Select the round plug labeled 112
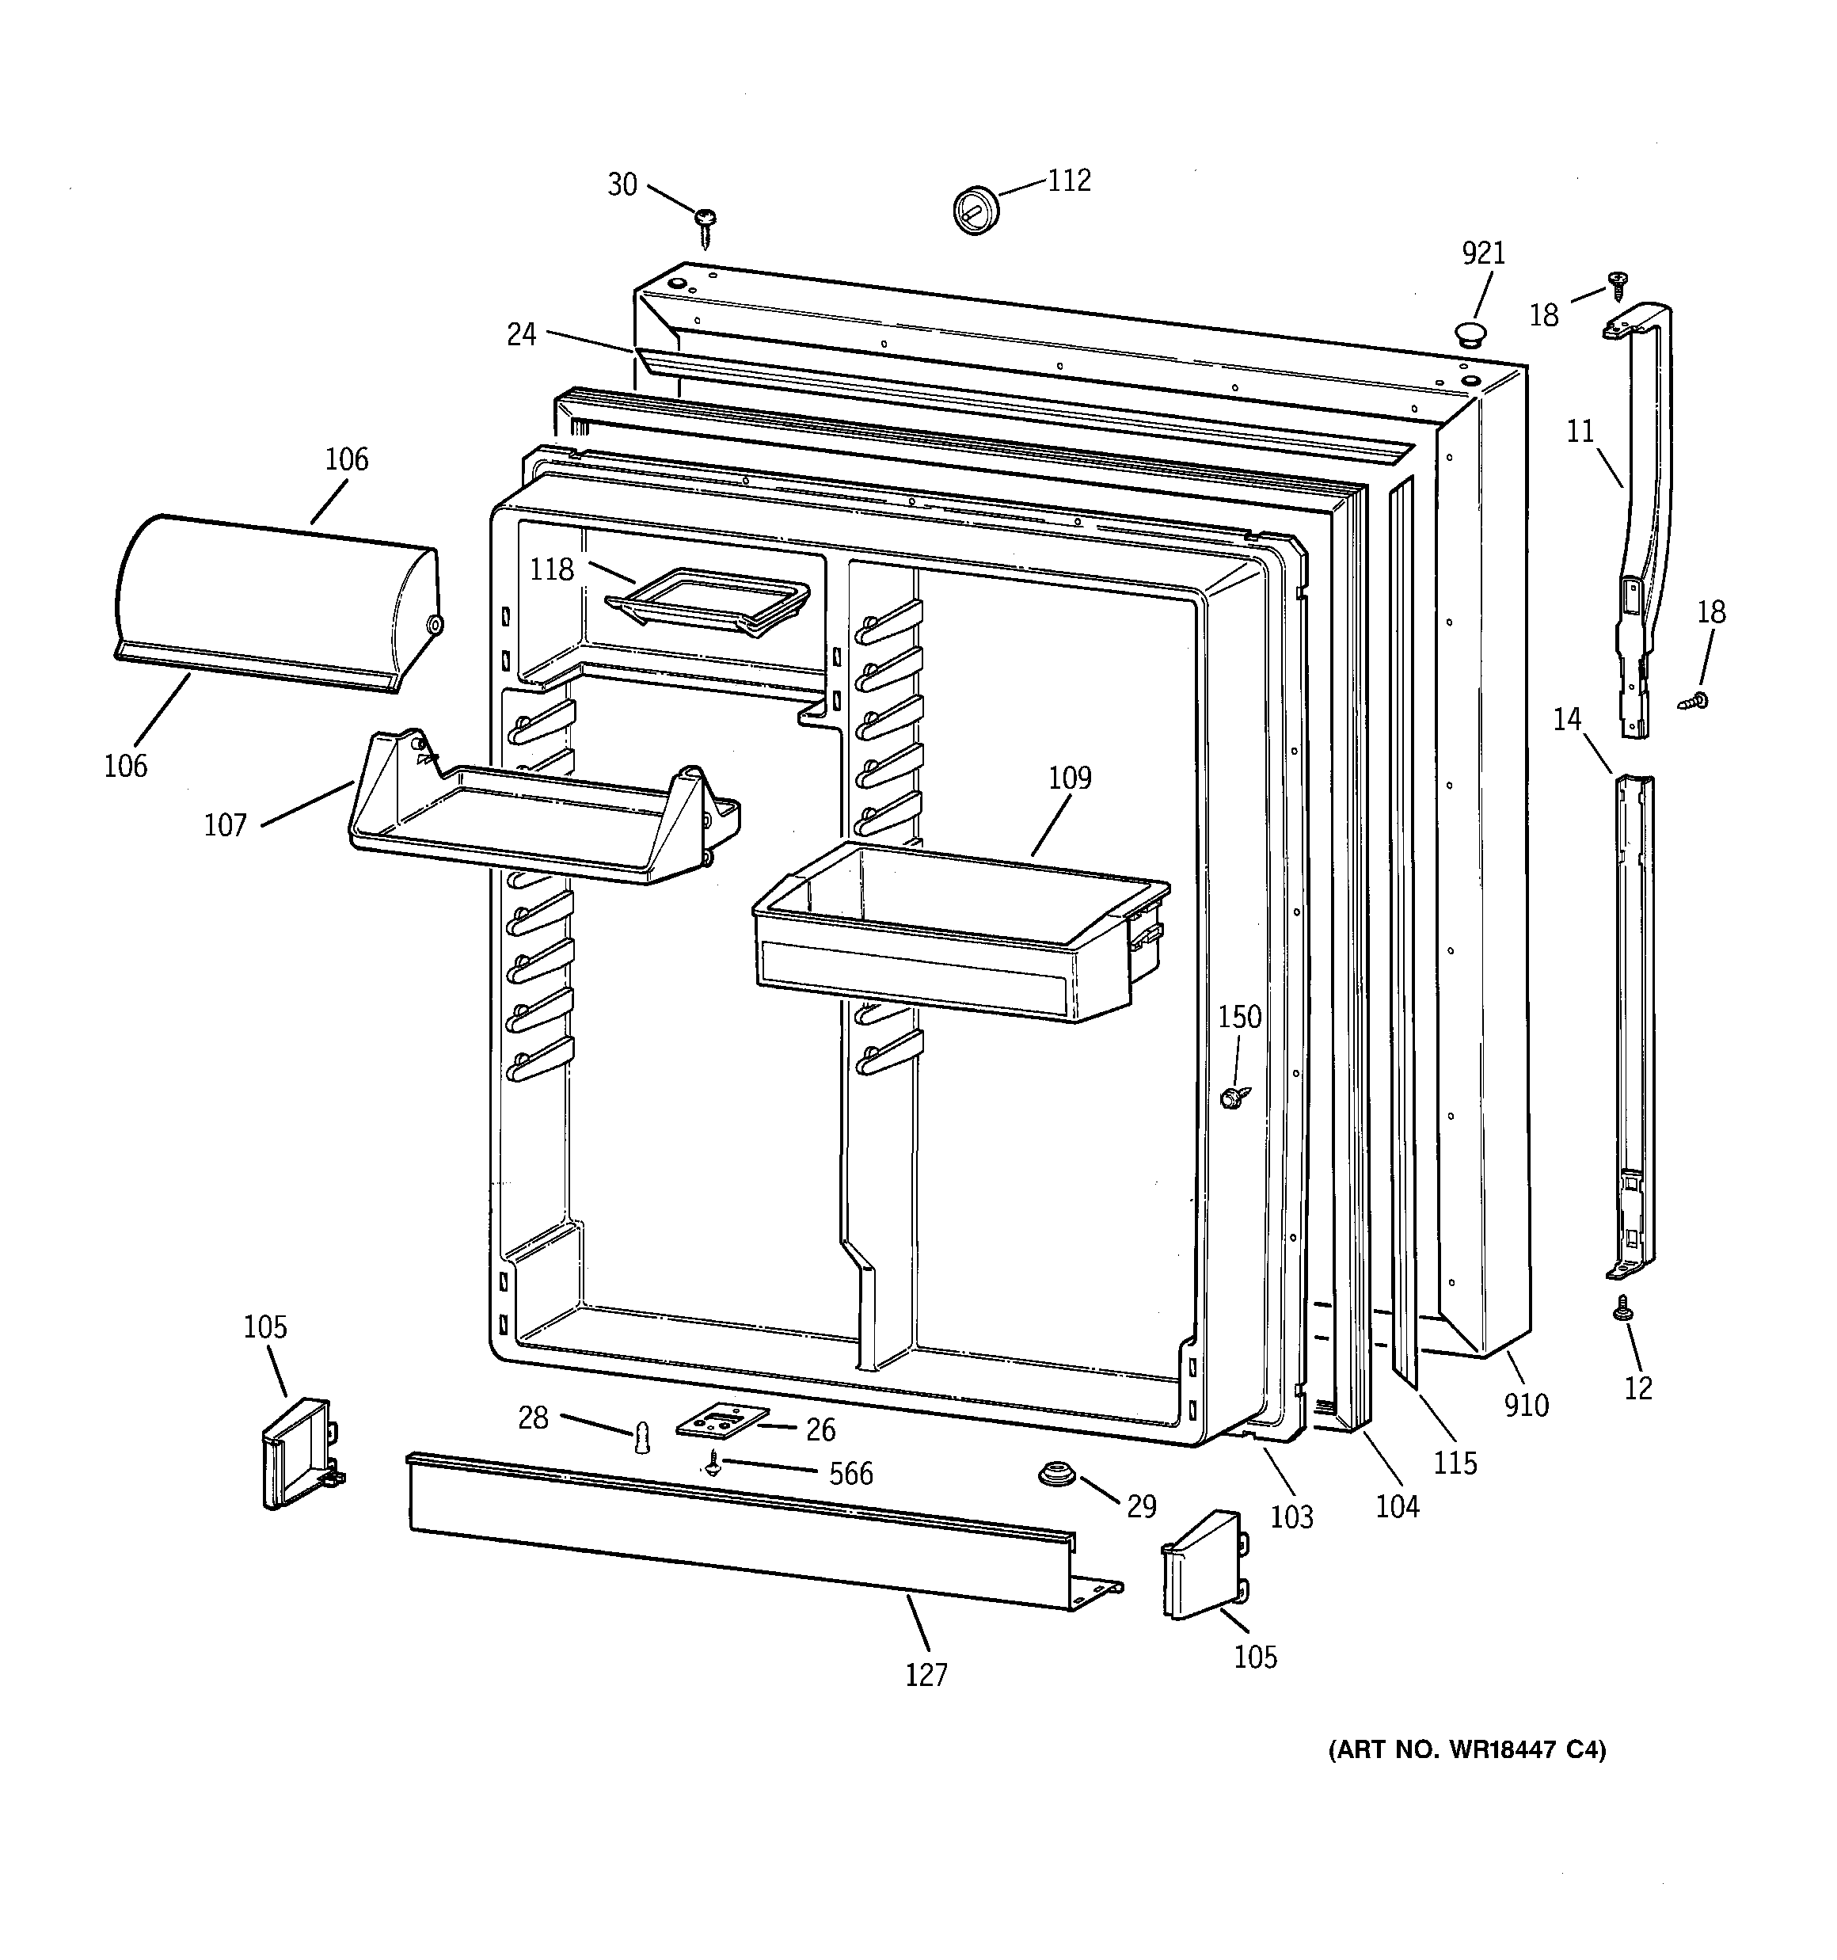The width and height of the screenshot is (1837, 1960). click(x=976, y=208)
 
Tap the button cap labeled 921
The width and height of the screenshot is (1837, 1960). click(x=1471, y=333)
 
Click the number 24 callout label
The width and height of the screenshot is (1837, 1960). click(x=522, y=335)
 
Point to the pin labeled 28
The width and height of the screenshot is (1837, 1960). click(x=642, y=1437)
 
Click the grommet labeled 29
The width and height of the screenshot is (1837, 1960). click(x=1057, y=1478)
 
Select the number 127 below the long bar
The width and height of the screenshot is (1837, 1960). click(x=927, y=1674)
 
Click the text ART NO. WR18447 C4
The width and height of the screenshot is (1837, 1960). click(x=1467, y=1750)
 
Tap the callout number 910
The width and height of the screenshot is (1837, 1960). click(x=1527, y=1405)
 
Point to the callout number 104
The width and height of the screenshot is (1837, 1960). click(x=1398, y=1506)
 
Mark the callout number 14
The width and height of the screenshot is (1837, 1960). click(x=1568, y=720)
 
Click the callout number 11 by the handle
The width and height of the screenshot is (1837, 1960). click(x=1580, y=432)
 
